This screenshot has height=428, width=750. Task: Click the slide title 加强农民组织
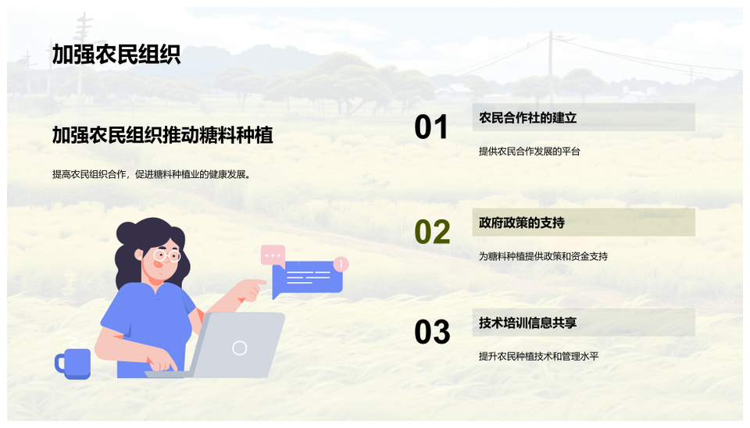116,55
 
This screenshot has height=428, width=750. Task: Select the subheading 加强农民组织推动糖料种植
162,135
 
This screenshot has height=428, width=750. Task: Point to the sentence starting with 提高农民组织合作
152,174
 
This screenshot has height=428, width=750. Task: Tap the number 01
431,127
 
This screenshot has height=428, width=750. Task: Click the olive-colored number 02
432,232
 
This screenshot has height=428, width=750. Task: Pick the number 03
432,332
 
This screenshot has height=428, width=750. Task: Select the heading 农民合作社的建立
527,118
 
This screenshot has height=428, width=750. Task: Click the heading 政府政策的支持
522,223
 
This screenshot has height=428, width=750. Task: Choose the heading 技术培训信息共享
527,323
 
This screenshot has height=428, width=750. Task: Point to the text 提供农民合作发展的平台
530,152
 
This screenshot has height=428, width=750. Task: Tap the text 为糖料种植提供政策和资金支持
544,256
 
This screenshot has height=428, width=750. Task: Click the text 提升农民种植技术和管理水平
538,356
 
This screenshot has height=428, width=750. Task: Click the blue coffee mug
73,363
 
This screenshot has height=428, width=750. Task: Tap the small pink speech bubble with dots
273,255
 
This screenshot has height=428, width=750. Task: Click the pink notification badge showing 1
341,264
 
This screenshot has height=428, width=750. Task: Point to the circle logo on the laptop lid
240,348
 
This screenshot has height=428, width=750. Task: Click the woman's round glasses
166,255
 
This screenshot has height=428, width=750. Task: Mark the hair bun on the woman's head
127,233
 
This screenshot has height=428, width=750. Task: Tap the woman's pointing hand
250,288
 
